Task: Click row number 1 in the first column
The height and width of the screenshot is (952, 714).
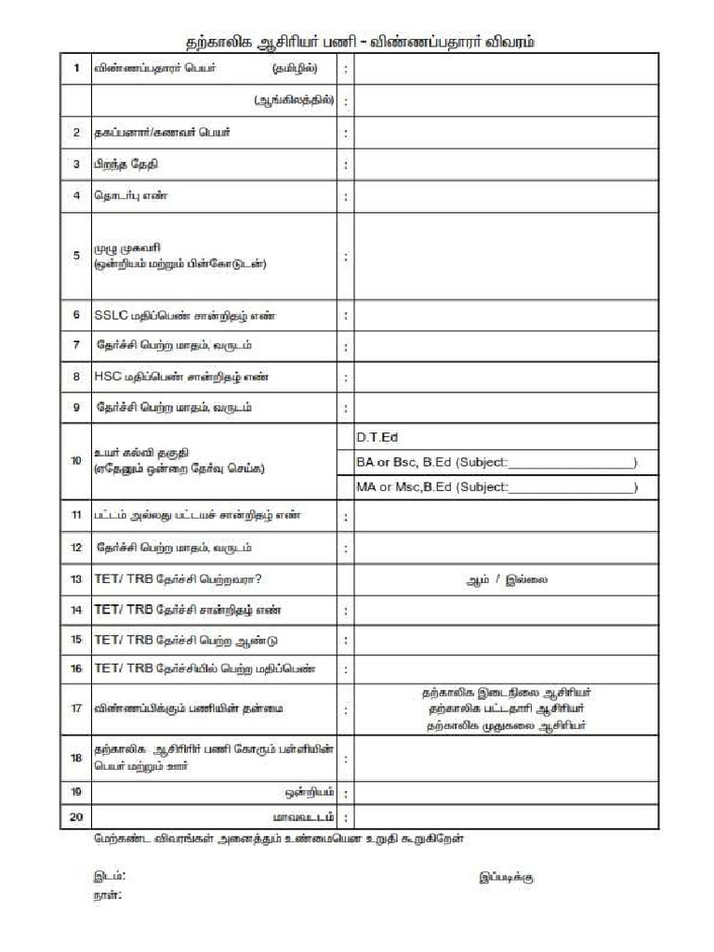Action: point(76,69)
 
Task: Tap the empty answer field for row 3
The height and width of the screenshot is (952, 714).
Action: point(506,165)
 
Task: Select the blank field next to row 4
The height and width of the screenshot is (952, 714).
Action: point(506,196)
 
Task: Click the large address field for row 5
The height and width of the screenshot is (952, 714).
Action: point(506,256)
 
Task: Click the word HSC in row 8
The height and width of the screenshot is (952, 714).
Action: point(106,377)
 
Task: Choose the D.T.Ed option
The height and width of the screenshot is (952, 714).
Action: point(377,437)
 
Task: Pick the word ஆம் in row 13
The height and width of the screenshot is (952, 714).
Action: point(477,579)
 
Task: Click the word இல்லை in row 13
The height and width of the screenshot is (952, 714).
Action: point(531,579)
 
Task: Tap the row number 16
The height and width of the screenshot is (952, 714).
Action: point(76,669)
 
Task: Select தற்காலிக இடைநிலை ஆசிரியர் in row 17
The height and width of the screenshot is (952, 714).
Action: point(507,693)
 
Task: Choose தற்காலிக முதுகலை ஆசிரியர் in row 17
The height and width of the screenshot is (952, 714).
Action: point(507,726)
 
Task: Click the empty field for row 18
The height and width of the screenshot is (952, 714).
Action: point(506,759)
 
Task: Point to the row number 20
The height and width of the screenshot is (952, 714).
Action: point(76,817)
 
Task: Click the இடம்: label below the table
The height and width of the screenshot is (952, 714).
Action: point(109,876)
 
